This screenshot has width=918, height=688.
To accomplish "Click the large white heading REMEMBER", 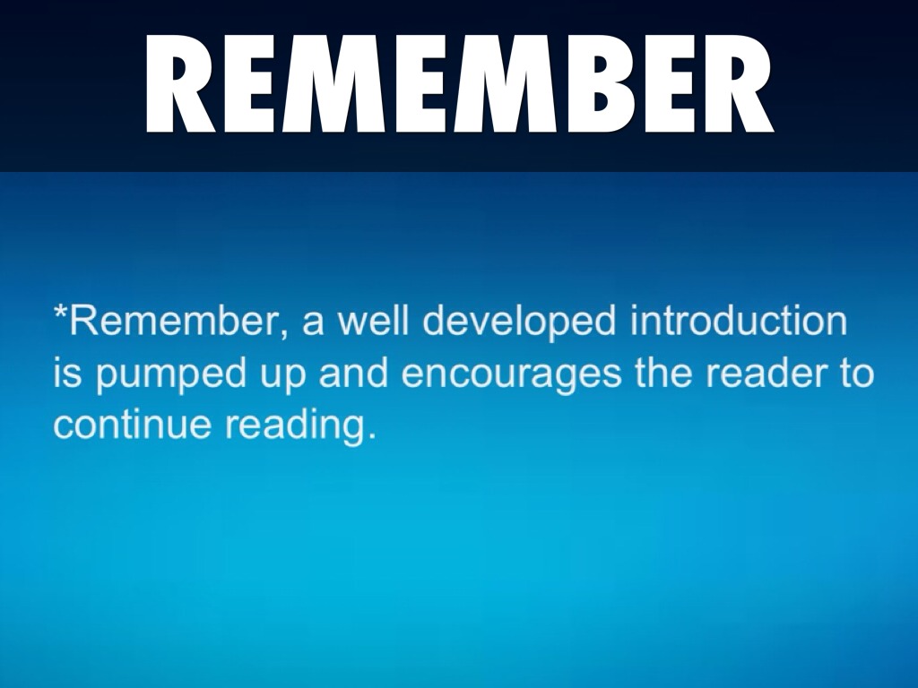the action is click(x=460, y=83).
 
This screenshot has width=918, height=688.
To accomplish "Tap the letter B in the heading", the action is click(x=612, y=83).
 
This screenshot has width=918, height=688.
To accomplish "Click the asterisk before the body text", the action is click(x=60, y=311).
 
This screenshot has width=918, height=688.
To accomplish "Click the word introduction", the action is click(x=739, y=322).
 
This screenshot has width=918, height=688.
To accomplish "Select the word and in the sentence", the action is click(x=353, y=374).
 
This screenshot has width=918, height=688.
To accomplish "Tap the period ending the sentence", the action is click(x=369, y=436).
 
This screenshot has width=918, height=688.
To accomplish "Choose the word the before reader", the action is click(x=663, y=374).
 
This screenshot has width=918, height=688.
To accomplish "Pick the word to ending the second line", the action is click(x=857, y=374).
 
